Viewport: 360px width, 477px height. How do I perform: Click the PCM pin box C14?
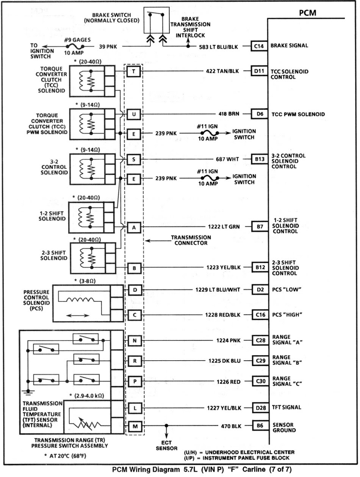[x=259, y=46]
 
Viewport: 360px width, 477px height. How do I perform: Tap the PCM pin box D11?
[x=259, y=71]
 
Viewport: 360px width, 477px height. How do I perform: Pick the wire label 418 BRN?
[x=227, y=114]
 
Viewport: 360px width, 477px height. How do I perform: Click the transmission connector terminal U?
[x=134, y=114]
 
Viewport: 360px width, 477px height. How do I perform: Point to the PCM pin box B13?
[x=260, y=159]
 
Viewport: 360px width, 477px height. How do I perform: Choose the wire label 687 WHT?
[x=227, y=159]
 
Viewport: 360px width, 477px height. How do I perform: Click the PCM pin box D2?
[x=260, y=290]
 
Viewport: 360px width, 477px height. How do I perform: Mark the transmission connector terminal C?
[x=135, y=315]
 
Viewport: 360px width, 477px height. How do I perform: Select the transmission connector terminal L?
[x=135, y=408]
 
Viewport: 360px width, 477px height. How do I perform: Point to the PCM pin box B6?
[x=260, y=426]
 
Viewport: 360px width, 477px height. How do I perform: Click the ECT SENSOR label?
[x=166, y=445]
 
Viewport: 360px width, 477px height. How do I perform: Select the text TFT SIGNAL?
[x=286, y=408]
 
